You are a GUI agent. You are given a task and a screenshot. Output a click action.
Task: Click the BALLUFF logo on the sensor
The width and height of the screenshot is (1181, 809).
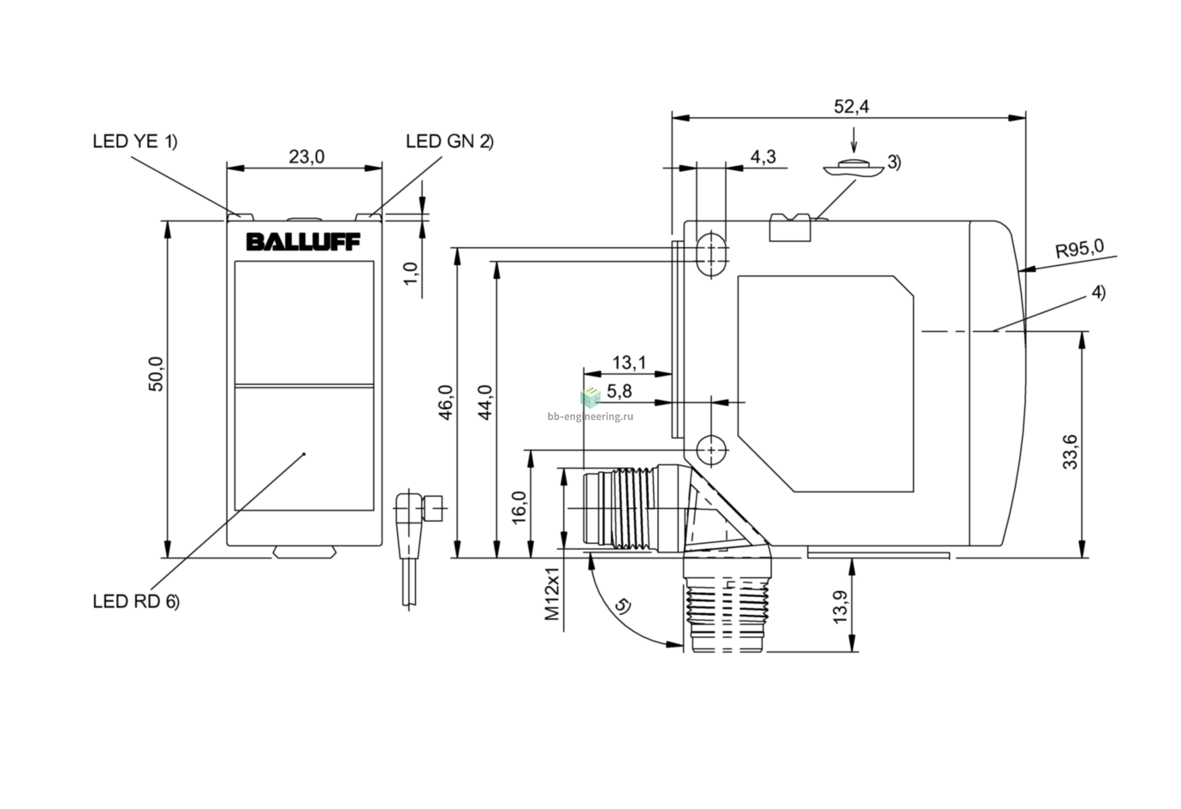[303, 242]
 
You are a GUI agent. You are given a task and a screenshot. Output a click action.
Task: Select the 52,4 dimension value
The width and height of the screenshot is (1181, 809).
[852, 106]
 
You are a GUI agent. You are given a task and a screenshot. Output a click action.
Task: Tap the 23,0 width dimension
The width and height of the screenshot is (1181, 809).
[306, 156]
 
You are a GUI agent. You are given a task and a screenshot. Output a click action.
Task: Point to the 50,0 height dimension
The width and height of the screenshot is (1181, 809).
[156, 374]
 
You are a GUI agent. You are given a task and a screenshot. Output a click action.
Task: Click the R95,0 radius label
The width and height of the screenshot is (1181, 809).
[1080, 249]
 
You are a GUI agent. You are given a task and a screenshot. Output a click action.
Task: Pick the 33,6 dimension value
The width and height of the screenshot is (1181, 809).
[1071, 452]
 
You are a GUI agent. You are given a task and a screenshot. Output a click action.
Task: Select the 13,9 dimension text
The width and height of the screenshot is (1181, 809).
[840, 607]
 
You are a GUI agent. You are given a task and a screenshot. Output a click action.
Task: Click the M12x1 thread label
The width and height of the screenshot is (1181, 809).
[551, 593]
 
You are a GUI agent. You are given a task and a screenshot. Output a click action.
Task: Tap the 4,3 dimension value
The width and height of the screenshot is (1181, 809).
[763, 156]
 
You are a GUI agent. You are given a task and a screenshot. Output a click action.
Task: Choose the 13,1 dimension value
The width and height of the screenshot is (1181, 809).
[629, 363]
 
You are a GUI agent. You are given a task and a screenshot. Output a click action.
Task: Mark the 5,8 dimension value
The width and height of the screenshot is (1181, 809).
[619, 391]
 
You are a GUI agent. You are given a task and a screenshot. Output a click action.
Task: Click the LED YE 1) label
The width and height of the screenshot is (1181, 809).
[135, 141]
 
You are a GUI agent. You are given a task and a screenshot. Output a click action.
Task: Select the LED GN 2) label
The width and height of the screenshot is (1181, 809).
[450, 141]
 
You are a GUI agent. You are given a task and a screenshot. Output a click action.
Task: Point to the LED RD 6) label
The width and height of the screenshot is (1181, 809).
[136, 601]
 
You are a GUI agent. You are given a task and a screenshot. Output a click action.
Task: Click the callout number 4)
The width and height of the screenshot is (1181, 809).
[1098, 292]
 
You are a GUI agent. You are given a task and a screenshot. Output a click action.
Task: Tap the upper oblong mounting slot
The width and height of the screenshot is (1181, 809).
[711, 254]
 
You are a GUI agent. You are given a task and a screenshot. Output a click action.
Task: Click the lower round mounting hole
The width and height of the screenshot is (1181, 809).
[711, 451]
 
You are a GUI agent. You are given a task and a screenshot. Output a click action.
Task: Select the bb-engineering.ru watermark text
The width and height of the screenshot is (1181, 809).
[590, 416]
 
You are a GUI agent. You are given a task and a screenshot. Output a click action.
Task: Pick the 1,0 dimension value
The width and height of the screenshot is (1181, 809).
[411, 274]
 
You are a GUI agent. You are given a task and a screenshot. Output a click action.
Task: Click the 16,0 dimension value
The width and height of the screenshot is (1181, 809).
[519, 507]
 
